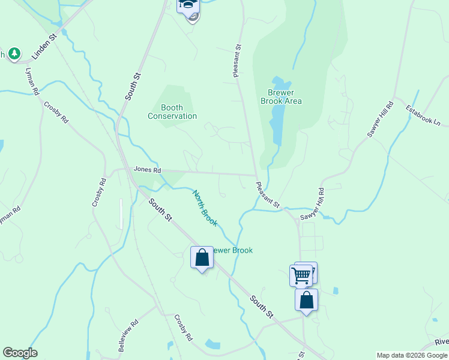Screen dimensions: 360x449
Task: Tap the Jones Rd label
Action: click(x=148, y=170)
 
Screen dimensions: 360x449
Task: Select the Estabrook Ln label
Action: click(x=423, y=116)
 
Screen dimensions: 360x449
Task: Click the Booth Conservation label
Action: click(x=172, y=112)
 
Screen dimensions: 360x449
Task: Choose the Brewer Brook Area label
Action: click(x=281, y=97)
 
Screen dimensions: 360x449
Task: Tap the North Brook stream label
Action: click(x=204, y=208)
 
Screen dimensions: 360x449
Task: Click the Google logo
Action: click(x=20, y=353)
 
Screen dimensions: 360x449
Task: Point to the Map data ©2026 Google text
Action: click(x=412, y=355)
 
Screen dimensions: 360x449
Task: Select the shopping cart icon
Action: click(x=301, y=275)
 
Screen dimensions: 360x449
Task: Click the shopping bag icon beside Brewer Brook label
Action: click(x=202, y=258)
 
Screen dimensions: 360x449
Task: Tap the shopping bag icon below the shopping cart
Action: click(x=306, y=300)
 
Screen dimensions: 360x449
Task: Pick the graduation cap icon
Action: click(x=188, y=5)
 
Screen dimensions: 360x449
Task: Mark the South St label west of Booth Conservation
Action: click(x=133, y=86)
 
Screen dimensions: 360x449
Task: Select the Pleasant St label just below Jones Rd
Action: click(x=268, y=195)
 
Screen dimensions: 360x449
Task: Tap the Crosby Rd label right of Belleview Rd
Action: click(x=182, y=327)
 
